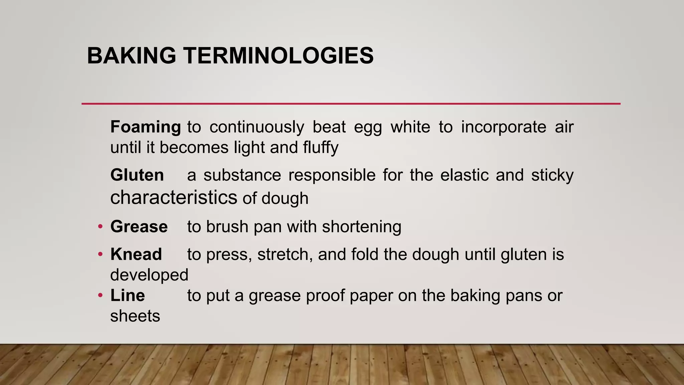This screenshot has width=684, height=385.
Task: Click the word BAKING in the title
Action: click(131, 55)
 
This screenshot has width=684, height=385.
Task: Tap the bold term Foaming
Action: click(146, 127)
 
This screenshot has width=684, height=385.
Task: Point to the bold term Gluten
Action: click(137, 175)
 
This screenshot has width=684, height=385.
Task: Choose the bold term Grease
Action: click(139, 227)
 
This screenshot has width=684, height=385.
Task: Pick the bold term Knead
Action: click(136, 254)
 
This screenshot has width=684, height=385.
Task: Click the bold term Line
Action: click(128, 295)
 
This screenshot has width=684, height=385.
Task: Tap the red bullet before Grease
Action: click(100, 227)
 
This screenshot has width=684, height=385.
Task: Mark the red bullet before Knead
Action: click(100, 255)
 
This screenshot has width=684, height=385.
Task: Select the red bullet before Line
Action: click(100, 296)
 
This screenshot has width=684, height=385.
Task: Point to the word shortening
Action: click(361, 227)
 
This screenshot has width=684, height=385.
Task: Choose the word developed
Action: click(149, 275)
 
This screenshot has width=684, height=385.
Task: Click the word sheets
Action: click(135, 316)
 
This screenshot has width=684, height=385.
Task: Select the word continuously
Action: click(257, 127)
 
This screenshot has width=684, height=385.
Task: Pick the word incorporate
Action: click(504, 127)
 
